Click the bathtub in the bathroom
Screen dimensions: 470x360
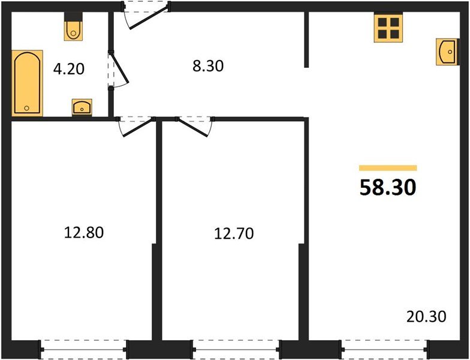(28, 83)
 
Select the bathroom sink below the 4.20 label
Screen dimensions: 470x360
(82, 107)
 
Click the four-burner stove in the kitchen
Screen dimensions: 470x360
(388, 28)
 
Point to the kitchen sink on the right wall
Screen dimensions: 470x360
(447, 52)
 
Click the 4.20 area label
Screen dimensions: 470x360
(69, 69)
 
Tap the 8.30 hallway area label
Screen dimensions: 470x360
(208, 66)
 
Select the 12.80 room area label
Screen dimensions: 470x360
(84, 233)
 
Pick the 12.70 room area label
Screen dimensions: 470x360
(234, 233)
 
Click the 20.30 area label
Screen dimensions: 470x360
(426, 316)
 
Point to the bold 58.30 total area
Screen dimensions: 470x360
(388, 187)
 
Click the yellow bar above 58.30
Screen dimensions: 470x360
(388, 168)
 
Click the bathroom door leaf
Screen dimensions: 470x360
(119, 67)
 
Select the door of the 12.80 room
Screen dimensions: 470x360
(137, 127)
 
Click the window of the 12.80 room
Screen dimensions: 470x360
(84, 349)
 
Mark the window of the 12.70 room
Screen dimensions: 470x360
(236, 349)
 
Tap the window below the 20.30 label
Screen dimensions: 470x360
(385, 349)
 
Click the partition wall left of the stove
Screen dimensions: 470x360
(306, 40)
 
